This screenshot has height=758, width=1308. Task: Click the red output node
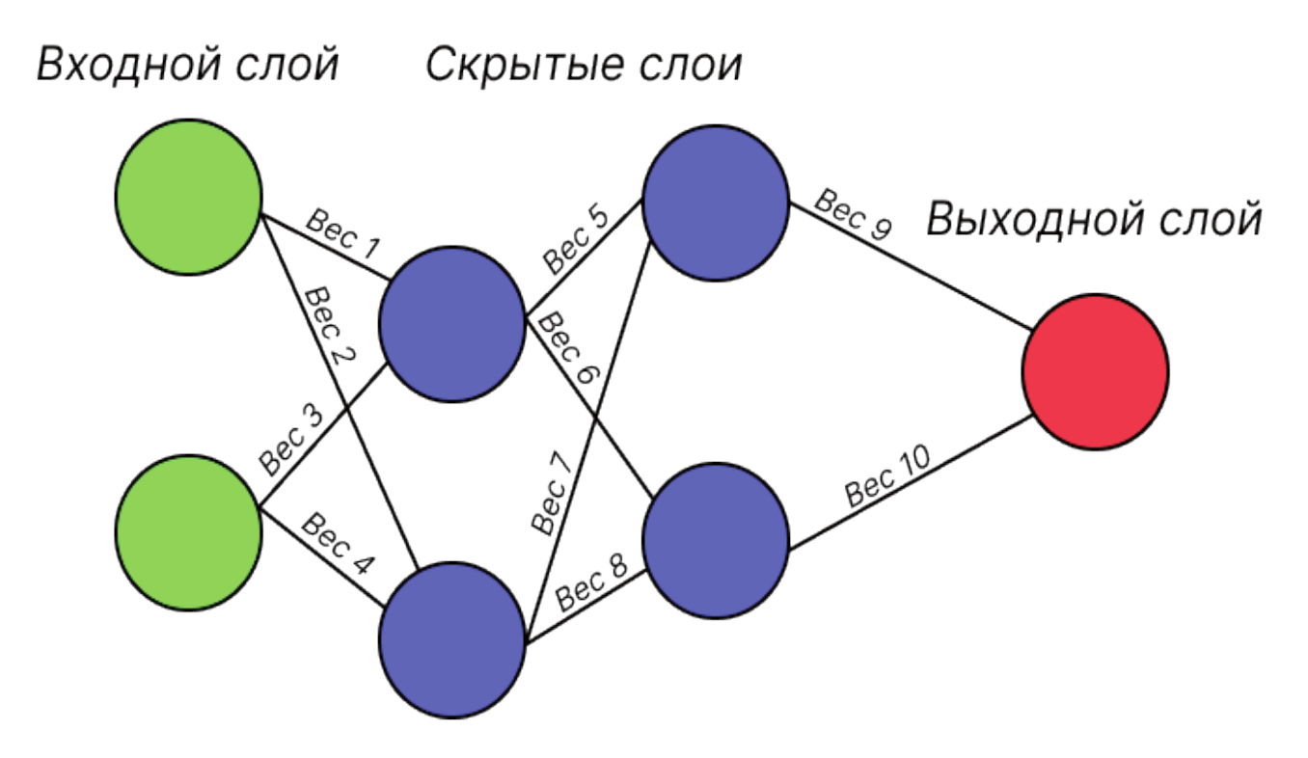point(1095,371)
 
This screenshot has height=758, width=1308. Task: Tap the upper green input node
point(188,197)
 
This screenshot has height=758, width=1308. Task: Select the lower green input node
point(188,531)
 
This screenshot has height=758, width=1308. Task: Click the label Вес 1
point(343,234)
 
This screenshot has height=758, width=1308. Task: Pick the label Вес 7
point(553,493)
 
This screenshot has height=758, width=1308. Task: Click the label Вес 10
point(887,476)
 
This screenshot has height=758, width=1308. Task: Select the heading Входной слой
point(188,66)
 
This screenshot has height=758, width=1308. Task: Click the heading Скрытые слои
point(584,66)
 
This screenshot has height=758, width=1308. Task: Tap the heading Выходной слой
point(1094,220)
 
